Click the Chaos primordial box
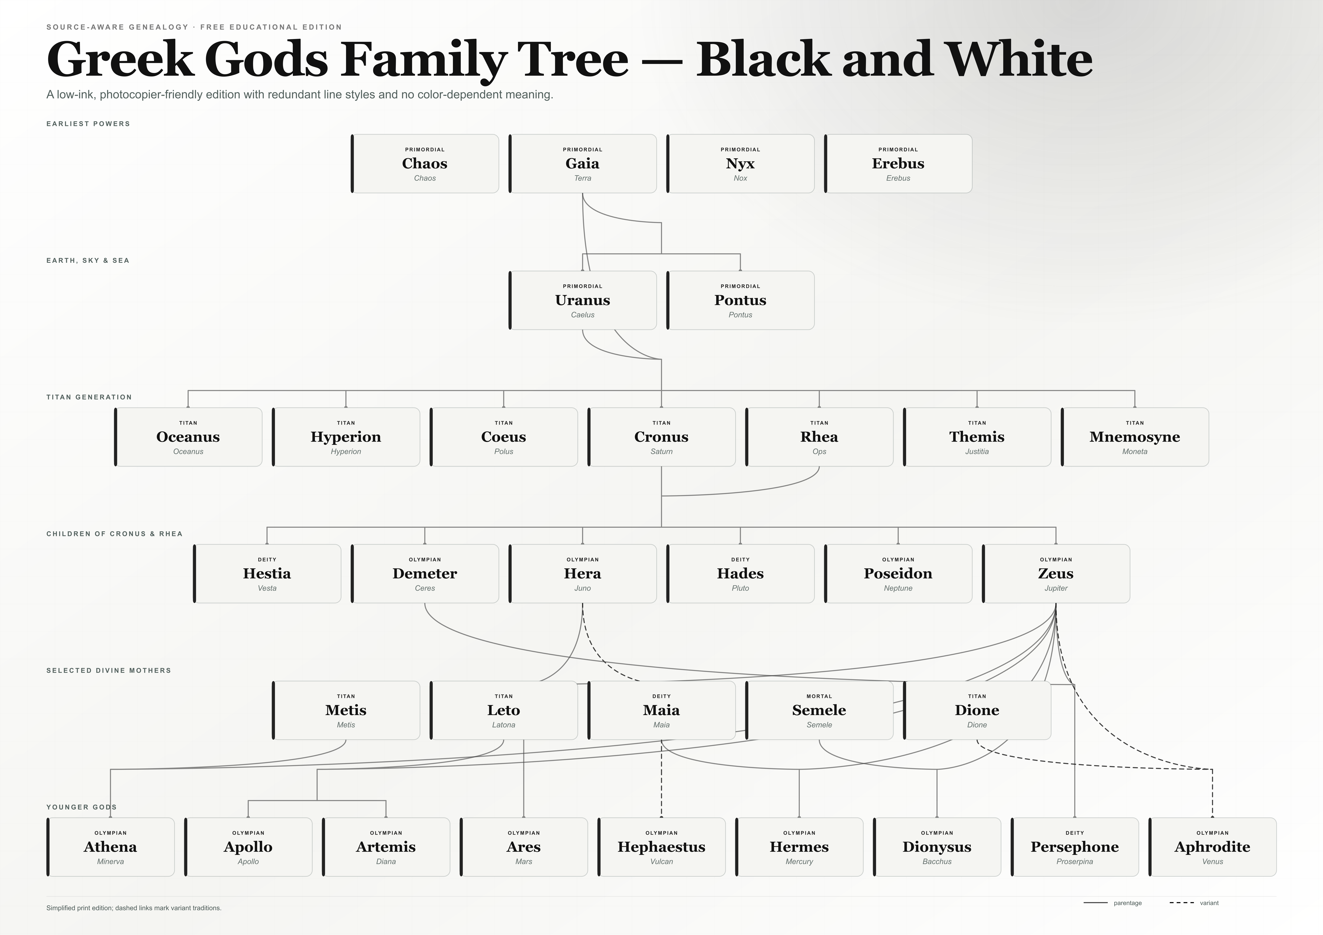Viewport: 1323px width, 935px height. coord(425,164)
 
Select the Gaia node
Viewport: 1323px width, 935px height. coord(582,164)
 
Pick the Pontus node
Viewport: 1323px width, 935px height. coord(741,300)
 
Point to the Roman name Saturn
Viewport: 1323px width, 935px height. coord(661,452)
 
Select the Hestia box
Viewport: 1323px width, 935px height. coord(267,574)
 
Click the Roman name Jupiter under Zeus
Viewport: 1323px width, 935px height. coord(1056,588)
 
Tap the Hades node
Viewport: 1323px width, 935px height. coord(741,574)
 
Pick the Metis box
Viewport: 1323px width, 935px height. coord(346,710)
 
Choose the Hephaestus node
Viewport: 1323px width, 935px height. coord(661,847)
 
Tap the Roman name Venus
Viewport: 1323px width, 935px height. coord(1212,862)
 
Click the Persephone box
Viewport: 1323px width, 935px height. coord(1075,847)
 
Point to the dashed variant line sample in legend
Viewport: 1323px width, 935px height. coord(1182,903)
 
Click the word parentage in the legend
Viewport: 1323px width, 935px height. coord(1128,903)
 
